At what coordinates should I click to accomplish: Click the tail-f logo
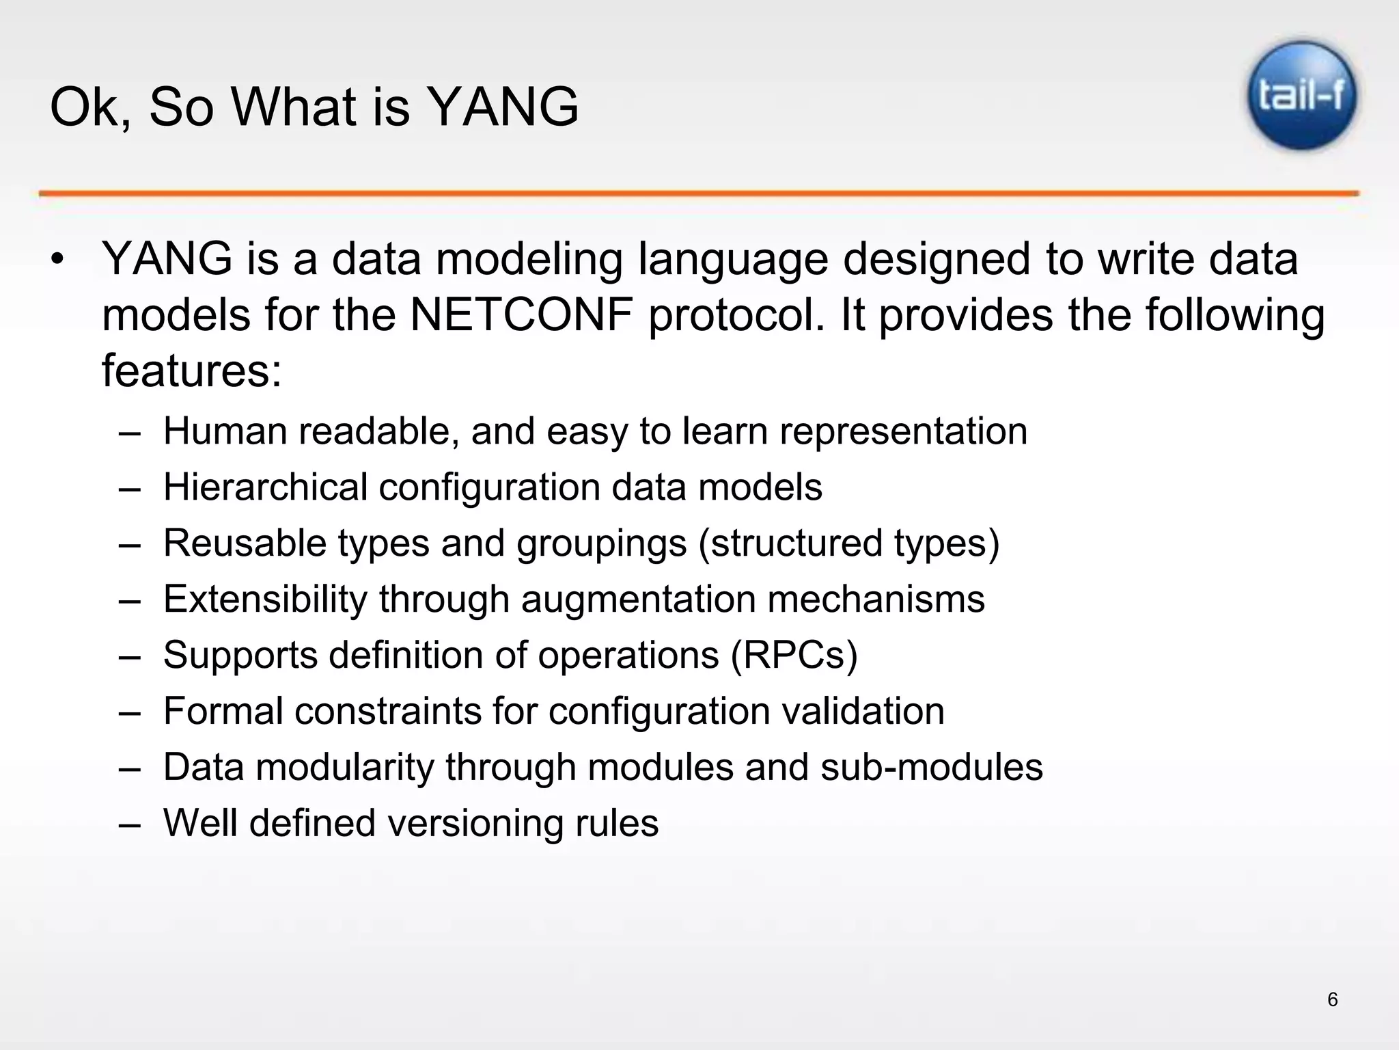click(1302, 96)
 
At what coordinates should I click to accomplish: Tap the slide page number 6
click(1332, 999)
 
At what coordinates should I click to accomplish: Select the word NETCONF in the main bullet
click(521, 315)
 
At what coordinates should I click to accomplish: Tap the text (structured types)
click(848, 543)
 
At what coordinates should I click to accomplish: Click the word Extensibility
click(265, 600)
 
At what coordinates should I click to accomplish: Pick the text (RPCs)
click(794, 656)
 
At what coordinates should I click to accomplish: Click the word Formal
click(223, 711)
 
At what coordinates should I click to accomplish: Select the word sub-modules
click(931, 767)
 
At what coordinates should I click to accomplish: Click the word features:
click(192, 371)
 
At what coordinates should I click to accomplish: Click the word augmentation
click(638, 600)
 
